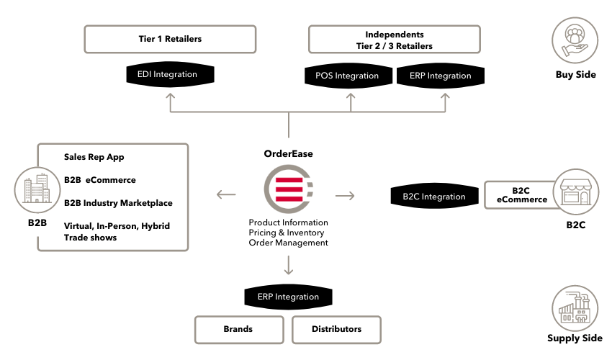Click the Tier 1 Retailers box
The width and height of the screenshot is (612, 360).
click(x=170, y=39)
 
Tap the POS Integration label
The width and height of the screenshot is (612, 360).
click(x=346, y=76)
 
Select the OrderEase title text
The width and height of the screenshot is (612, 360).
click(x=288, y=153)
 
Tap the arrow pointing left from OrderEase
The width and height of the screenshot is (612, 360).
click(x=226, y=194)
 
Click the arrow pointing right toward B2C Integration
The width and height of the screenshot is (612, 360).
click(x=346, y=195)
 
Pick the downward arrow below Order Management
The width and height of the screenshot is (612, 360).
click(x=288, y=266)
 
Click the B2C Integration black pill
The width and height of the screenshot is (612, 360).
click(x=433, y=196)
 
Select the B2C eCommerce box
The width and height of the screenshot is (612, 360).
click(x=521, y=195)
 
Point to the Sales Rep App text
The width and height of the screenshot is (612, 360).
click(x=94, y=156)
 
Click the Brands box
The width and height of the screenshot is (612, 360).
click(x=238, y=329)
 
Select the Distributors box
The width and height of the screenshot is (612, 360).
click(x=336, y=329)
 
